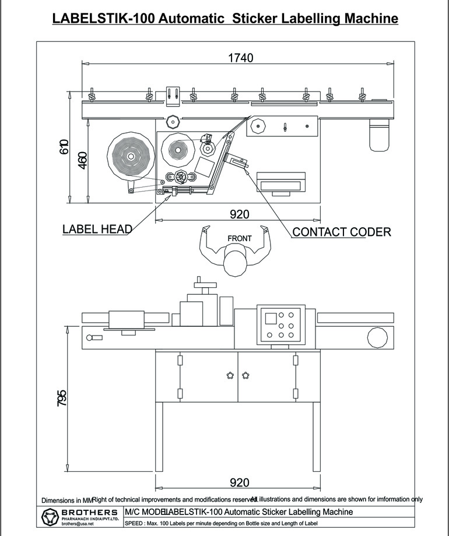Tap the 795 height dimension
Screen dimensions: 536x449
(62, 398)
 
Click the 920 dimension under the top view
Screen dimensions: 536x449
(239, 214)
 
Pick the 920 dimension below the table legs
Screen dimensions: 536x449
(239, 482)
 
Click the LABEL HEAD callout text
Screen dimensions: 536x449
(97, 229)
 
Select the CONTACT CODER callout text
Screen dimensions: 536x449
(341, 232)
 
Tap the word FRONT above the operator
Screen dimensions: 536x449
(239, 238)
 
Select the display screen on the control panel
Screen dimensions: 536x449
(271, 318)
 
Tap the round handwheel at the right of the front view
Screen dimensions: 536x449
(377, 337)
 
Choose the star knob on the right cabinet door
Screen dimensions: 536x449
(245, 375)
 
